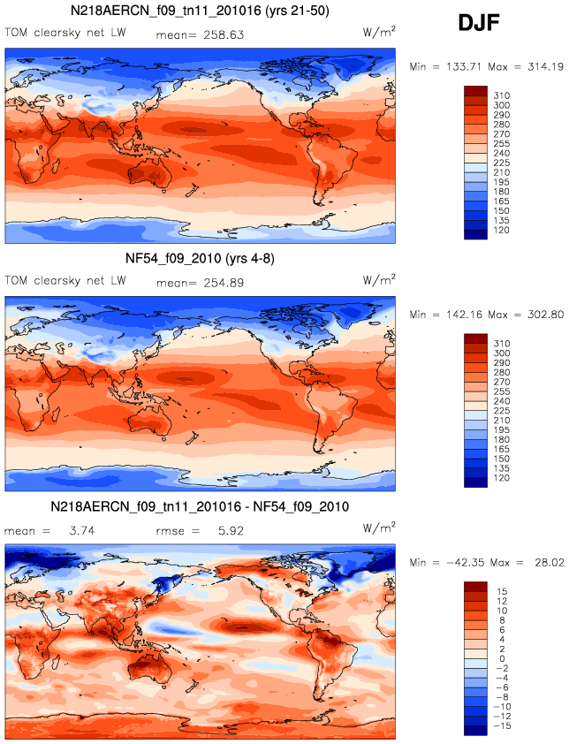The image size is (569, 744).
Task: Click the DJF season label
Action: point(479,23)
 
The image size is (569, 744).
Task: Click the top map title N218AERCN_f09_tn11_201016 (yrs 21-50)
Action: point(200,11)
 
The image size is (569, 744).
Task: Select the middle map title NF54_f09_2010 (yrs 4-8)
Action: point(200,259)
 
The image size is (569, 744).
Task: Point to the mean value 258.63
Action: point(224,34)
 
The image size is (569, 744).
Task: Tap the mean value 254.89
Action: point(224,283)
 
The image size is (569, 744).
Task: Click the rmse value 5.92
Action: point(231,530)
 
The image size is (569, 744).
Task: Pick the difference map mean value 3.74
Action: point(82,530)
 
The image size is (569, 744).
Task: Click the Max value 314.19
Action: point(546,67)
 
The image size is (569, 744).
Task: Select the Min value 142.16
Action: point(465,315)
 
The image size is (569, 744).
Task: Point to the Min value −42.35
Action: point(465,563)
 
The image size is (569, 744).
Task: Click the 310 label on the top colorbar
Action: point(502,95)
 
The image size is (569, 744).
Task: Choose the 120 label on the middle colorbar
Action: point(502,478)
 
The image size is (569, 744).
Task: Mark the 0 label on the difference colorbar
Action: point(502,658)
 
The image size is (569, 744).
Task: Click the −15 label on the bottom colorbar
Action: point(501,726)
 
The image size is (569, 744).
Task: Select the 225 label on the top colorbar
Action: point(502,163)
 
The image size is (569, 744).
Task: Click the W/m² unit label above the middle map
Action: point(379,280)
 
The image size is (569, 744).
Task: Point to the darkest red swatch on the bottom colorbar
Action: point(475,587)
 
